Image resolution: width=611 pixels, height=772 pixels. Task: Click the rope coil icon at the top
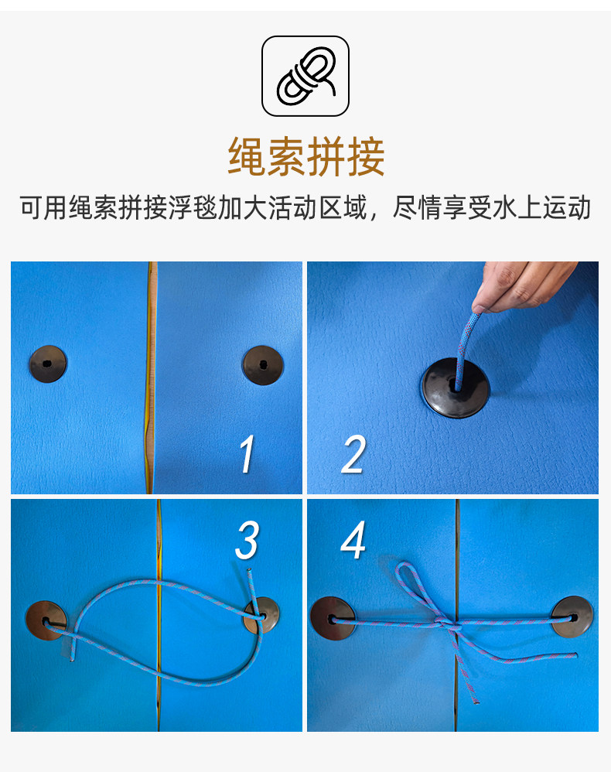[x=305, y=76]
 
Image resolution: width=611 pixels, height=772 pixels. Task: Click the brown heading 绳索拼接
[x=305, y=156]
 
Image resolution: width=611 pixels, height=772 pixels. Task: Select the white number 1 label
[x=246, y=454]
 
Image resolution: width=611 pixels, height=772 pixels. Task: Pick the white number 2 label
[x=353, y=454]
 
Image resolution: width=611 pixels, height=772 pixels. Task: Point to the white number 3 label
[x=247, y=540]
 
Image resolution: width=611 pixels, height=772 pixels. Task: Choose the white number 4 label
[x=353, y=540]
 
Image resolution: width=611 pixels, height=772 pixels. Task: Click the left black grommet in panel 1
[x=48, y=364]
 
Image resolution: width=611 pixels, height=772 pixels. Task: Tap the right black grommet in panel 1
[x=262, y=365]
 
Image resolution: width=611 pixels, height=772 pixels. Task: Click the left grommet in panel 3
[x=46, y=621]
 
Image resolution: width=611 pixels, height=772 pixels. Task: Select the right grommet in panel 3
[x=262, y=616]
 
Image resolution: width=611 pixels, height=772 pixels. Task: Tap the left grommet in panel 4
[x=333, y=618]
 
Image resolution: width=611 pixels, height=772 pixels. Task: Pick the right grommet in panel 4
[x=572, y=617]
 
